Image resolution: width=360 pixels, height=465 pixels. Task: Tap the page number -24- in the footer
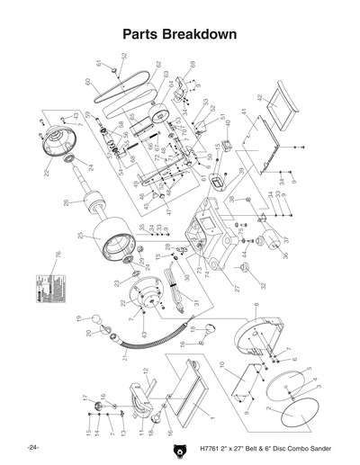point(33,447)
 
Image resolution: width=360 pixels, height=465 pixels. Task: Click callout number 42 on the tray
point(257,97)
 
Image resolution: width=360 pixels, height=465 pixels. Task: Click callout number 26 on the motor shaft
point(66,203)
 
